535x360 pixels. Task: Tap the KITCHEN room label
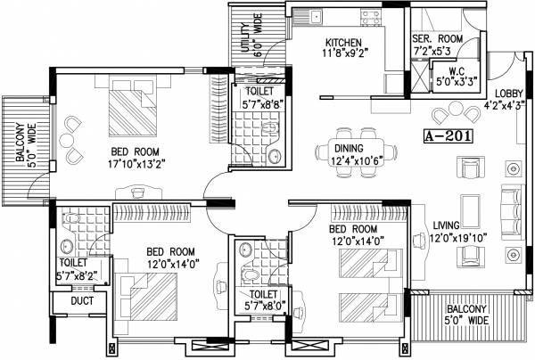pyautogui.click(x=343, y=43)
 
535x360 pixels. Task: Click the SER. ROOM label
pyautogui.click(x=435, y=39)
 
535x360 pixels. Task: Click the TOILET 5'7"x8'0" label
pyautogui.click(x=262, y=299)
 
